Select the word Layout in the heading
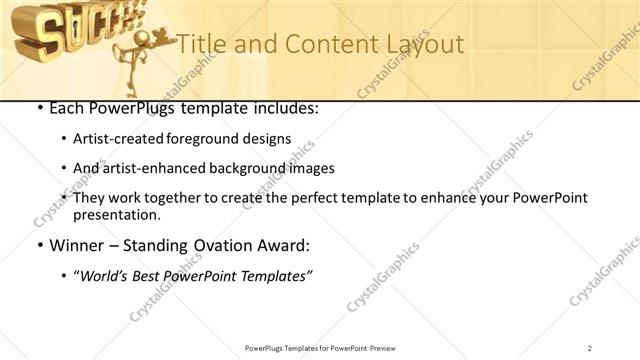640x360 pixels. (x=422, y=44)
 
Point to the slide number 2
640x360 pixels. (x=590, y=347)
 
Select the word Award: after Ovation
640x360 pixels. (x=285, y=245)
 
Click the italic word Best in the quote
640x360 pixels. (x=157, y=274)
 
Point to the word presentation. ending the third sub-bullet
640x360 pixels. (x=116, y=215)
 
